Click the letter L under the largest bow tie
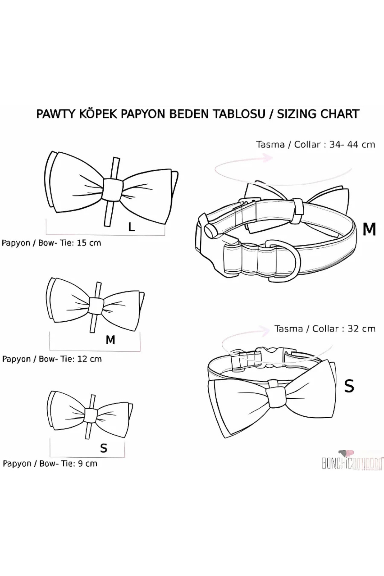pyautogui.click(x=131, y=227)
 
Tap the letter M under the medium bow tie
pyautogui.click(x=110, y=340)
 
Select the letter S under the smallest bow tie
pyautogui.click(x=104, y=448)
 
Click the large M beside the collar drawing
pyautogui.click(x=369, y=229)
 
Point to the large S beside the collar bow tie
pyautogui.click(x=349, y=386)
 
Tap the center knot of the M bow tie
pyautogui.click(x=96, y=306)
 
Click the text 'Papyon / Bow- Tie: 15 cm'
pyautogui.click(x=51, y=243)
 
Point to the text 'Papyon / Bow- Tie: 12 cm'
pyautogui.click(x=52, y=359)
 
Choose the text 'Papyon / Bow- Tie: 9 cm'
pyautogui.click(x=50, y=463)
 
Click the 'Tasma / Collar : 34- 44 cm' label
pyautogui.click(x=315, y=145)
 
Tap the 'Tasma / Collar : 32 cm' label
pyautogui.click(x=325, y=329)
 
